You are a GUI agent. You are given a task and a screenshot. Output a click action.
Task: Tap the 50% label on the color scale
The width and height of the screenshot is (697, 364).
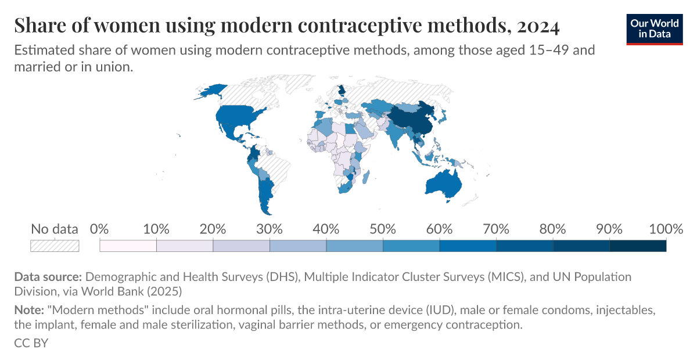(x=383, y=229)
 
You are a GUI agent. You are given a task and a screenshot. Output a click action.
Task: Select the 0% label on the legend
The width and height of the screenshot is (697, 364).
(x=100, y=229)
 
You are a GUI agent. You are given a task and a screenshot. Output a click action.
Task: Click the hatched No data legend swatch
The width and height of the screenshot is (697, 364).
(x=55, y=246)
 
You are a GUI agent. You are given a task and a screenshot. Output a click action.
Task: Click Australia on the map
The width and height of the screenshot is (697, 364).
(x=444, y=183)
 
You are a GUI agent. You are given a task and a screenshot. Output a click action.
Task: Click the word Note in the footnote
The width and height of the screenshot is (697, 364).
(x=28, y=311)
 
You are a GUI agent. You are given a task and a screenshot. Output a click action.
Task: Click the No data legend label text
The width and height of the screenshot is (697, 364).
(x=54, y=229)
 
